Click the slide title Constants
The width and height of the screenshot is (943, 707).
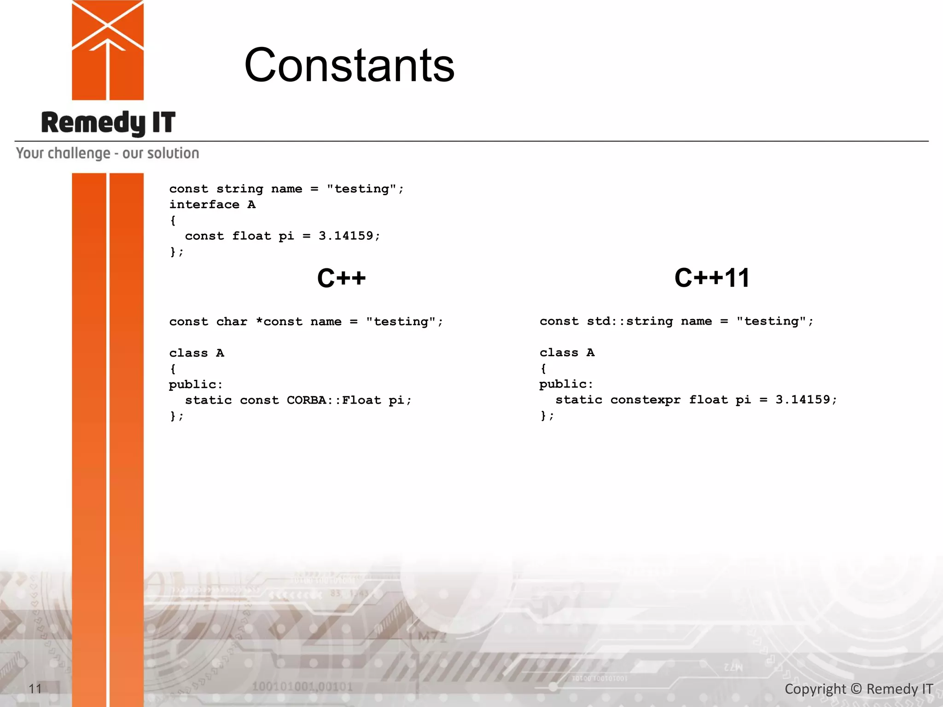[349, 65]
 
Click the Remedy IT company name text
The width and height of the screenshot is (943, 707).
[108, 123]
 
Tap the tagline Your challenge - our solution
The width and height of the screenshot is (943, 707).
[108, 153]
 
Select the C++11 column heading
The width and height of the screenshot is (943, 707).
[712, 278]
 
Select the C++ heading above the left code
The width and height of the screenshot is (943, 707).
[341, 278]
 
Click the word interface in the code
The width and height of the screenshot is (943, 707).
[204, 205]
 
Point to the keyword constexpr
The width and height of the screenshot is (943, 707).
[645, 400]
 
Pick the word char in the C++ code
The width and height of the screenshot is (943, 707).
[232, 322]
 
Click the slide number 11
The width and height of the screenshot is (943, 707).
[35, 689]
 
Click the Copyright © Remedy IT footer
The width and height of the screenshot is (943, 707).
[858, 689]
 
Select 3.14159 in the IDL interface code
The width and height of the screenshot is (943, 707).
[346, 236]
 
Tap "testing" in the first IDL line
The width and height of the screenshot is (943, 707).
[361, 189]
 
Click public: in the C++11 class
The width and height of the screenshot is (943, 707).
[566, 384]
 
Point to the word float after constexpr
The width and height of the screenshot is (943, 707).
[708, 400]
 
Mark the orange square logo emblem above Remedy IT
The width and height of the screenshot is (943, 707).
[108, 50]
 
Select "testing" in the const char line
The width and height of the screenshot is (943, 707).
[401, 322]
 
